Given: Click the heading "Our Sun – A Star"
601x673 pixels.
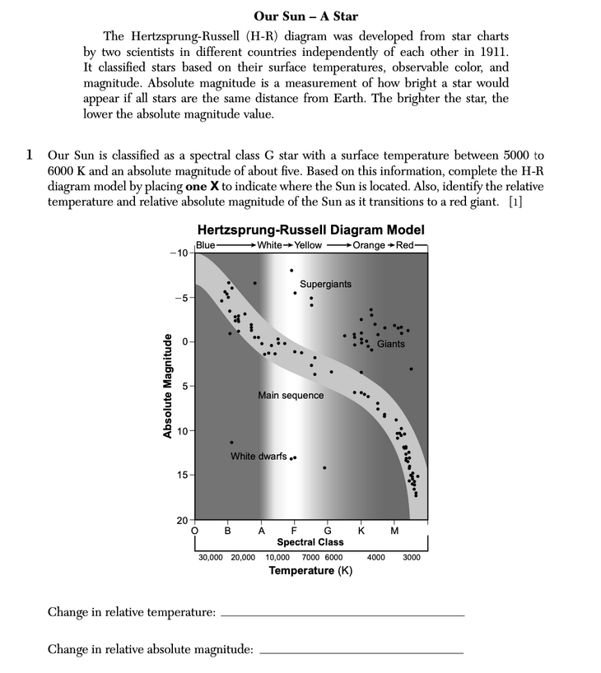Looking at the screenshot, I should pyautogui.click(x=305, y=16).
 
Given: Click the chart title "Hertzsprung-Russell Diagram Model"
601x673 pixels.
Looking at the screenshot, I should pyautogui.click(x=311, y=230).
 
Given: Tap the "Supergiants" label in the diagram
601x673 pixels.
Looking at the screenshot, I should pyautogui.click(x=325, y=284).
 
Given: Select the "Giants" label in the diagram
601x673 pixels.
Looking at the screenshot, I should pyautogui.click(x=391, y=344).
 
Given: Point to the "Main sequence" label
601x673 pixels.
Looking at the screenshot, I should pyautogui.click(x=291, y=395).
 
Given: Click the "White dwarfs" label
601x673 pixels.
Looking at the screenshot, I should pyautogui.click(x=259, y=456).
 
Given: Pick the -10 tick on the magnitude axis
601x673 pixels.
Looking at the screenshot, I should pyautogui.click(x=178, y=253).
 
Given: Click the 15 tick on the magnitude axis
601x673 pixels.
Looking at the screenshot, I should pyautogui.click(x=180, y=476).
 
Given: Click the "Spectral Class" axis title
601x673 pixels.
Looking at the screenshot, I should pyautogui.click(x=310, y=542).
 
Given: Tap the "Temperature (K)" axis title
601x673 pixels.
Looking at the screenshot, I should pyautogui.click(x=310, y=570).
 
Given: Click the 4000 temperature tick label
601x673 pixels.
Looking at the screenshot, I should pyautogui.click(x=375, y=557).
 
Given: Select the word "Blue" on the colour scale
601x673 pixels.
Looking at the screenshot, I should pyautogui.click(x=206, y=245).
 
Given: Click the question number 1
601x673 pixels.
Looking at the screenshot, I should pyautogui.click(x=30, y=154).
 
